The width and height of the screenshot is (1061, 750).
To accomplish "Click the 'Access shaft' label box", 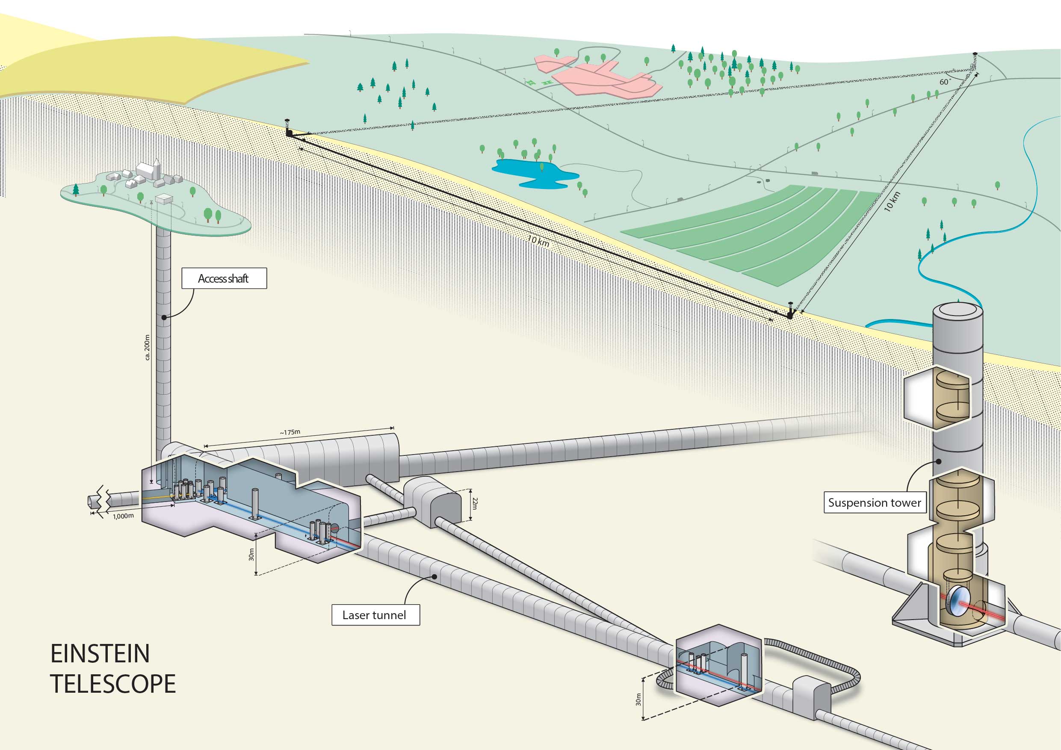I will click(224, 278).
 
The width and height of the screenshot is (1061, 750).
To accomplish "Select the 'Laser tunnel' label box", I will click(375, 615).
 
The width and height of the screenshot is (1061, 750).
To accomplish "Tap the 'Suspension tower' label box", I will click(874, 503).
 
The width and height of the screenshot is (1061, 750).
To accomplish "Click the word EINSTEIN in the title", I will click(100, 653).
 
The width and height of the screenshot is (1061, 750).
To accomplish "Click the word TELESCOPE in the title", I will click(113, 684).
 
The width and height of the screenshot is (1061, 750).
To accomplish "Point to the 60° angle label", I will click(945, 82).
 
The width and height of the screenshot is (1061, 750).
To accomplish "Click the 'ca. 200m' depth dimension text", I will click(148, 348).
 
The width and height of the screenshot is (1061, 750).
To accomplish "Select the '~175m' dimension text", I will click(290, 433).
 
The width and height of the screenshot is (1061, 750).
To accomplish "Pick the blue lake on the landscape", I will click(532, 173).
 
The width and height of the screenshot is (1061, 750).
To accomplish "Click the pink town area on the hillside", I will click(601, 76).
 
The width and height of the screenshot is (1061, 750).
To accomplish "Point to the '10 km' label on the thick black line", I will click(538, 241).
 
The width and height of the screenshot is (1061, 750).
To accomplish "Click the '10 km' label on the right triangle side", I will click(893, 201).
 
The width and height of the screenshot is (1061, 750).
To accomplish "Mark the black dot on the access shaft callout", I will click(164, 317).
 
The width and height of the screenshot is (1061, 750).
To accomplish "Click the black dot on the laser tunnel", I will click(434, 576).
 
